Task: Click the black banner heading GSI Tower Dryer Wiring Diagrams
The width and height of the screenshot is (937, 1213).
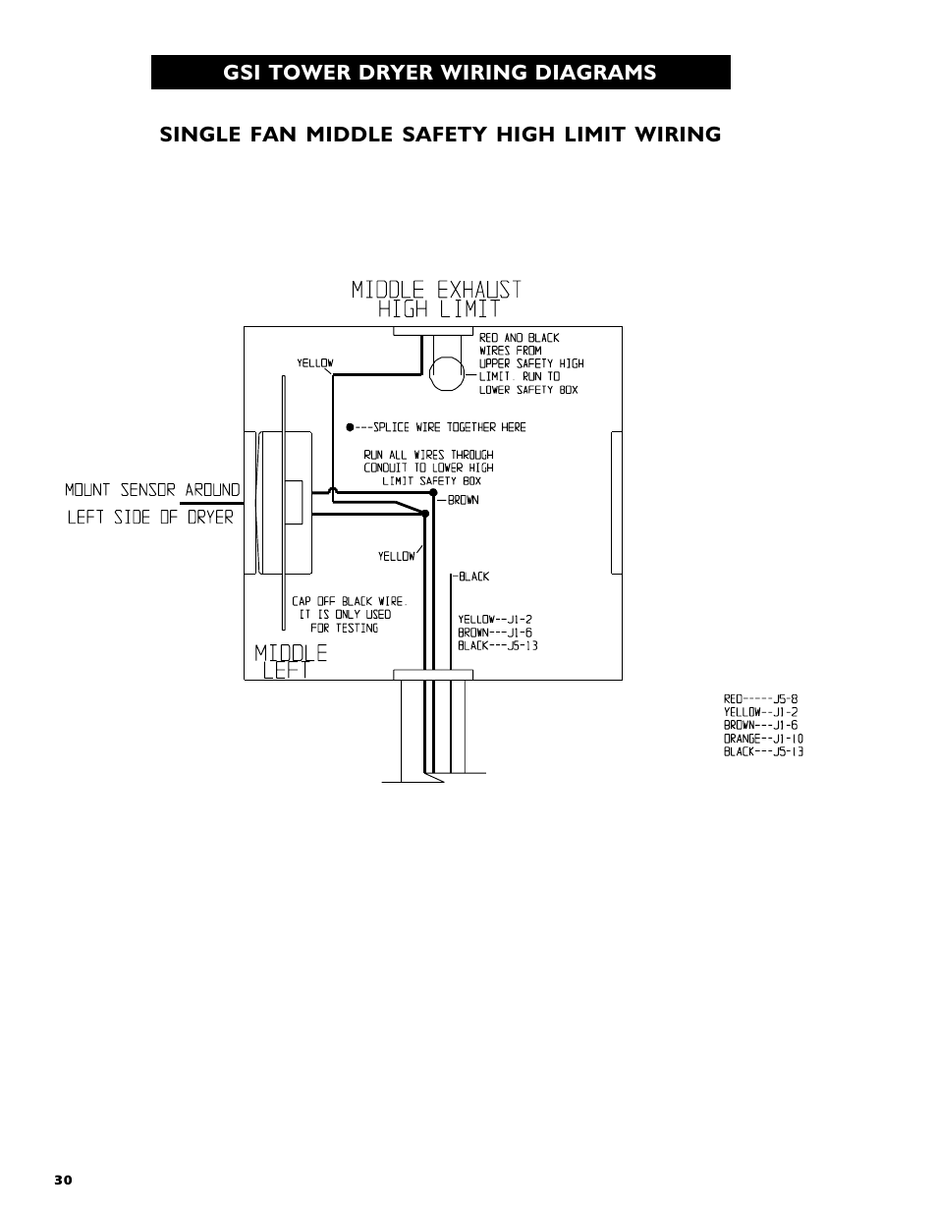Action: coord(440,73)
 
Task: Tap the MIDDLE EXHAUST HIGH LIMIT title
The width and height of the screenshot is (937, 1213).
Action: coord(436,299)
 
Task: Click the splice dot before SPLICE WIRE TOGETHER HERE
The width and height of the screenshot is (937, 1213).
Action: coord(350,427)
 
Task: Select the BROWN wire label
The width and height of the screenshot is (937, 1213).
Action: coord(463,501)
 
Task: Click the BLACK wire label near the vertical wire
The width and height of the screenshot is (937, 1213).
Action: coord(473,577)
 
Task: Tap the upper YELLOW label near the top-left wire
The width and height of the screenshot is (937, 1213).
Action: coord(315,363)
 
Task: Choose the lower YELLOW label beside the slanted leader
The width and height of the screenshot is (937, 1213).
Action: coord(397,557)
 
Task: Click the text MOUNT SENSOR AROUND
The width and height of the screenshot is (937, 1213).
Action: coord(152,489)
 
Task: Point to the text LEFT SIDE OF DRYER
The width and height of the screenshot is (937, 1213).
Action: coord(150,517)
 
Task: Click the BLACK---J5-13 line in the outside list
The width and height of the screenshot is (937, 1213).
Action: coord(763,751)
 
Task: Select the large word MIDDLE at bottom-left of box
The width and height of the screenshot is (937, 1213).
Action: coord(291,653)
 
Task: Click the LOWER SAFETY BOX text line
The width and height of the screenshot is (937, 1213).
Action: coord(528,390)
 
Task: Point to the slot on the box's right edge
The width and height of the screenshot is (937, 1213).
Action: coord(616,502)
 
